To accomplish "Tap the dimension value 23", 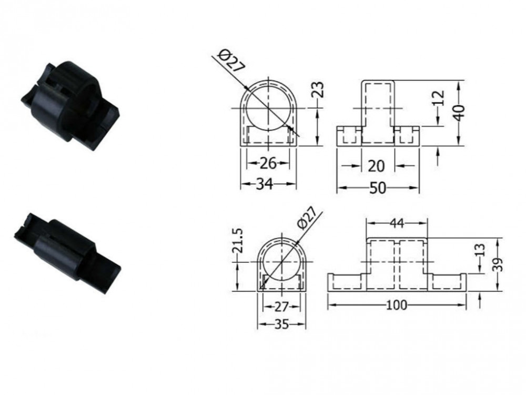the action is (x=319, y=90).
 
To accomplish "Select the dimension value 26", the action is (x=268, y=164).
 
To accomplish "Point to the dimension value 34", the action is (x=265, y=184).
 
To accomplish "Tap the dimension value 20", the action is (x=377, y=166).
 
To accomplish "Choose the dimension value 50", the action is (x=378, y=188).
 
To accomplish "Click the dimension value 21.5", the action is (x=237, y=241).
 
